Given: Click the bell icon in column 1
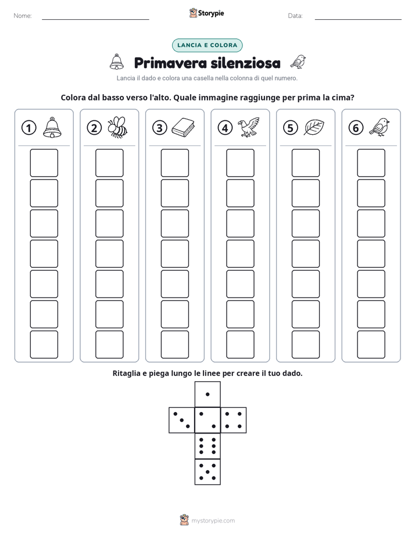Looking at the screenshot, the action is pyautogui.click(x=52, y=127).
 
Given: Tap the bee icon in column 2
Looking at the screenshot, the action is pyautogui.click(x=117, y=127).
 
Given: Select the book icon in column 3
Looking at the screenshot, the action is pyautogui.click(x=183, y=128).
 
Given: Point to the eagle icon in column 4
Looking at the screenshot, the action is pyautogui.click(x=249, y=127).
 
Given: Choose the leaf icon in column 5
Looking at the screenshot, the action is pyautogui.click(x=314, y=127).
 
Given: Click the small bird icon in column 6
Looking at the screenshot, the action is pyautogui.click(x=380, y=127).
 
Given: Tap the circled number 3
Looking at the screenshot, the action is pyautogui.click(x=160, y=128).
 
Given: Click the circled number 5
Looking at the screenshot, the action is pyautogui.click(x=291, y=128).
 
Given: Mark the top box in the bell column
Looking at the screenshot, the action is pyautogui.click(x=44, y=163).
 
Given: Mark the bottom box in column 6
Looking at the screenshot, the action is pyautogui.click(x=371, y=345).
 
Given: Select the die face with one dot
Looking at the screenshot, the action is pyautogui.click(x=208, y=394).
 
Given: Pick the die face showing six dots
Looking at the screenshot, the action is pyautogui.click(x=208, y=446).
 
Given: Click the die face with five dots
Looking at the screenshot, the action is pyautogui.click(x=208, y=471).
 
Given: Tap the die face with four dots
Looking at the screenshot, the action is pyautogui.click(x=234, y=420).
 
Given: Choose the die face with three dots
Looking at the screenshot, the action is pyautogui.click(x=182, y=420).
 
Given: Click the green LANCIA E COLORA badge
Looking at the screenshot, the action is pyautogui.click(x=207, y=45).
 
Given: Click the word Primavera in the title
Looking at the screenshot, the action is pyautogui.click(x=170, y=63).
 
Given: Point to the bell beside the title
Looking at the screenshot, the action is pyautogui.click(x=117, y=62).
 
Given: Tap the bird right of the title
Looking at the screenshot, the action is pyautogui.click(x=298, y=62).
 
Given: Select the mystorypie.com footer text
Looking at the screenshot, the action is pyautogui.click(x=213, y=521).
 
